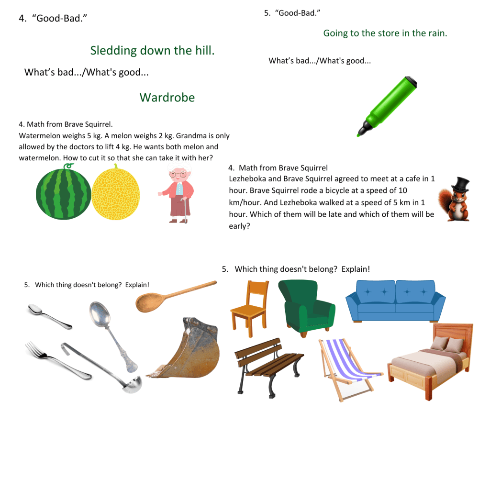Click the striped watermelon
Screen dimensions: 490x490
pyautogui.click(x=63, y=192)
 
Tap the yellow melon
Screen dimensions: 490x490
pyautogui.click(x=116, y=192)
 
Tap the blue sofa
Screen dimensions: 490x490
pyautogui.click(x=395, y=301)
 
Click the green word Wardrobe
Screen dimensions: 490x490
pyautogui.click(x=167, y=98)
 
